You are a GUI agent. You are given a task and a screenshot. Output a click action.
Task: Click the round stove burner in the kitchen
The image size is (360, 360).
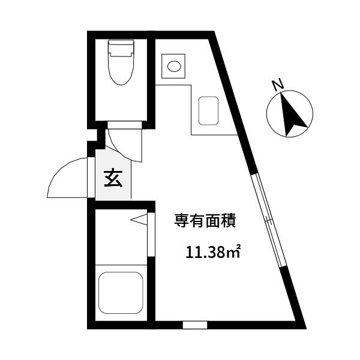click(175, 65)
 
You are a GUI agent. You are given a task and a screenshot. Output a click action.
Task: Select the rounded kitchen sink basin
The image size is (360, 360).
click(208, 108)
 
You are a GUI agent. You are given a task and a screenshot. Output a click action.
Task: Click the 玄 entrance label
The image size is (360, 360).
click(112, 178)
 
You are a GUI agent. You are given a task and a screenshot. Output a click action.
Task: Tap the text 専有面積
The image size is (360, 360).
click(204, 221)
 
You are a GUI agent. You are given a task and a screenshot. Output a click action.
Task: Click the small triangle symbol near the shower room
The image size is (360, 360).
click(139, 221)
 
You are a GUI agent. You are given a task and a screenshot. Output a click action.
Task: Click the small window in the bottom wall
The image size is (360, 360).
click(194, 325)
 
